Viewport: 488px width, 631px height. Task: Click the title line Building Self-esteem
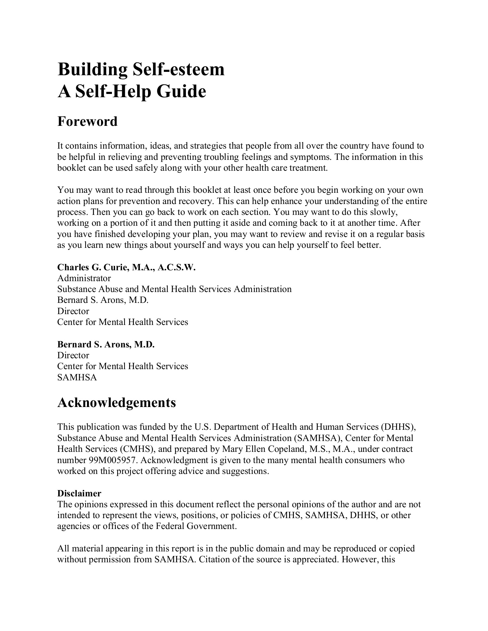[x=141, y=69]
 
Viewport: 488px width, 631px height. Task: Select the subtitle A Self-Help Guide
[x=132, y=91]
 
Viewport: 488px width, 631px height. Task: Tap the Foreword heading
[x=87, y=121]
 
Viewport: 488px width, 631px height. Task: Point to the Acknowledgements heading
[x=116, y=402]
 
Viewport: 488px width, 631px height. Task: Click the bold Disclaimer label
[x=79, y=493]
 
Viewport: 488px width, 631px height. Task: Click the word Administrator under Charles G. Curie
[x=84, y=278]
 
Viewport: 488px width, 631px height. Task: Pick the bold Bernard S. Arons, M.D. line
[x=106, y=345]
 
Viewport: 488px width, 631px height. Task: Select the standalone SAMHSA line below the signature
[x=77, y=377]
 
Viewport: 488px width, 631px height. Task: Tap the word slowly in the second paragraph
[x=383, y=212]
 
